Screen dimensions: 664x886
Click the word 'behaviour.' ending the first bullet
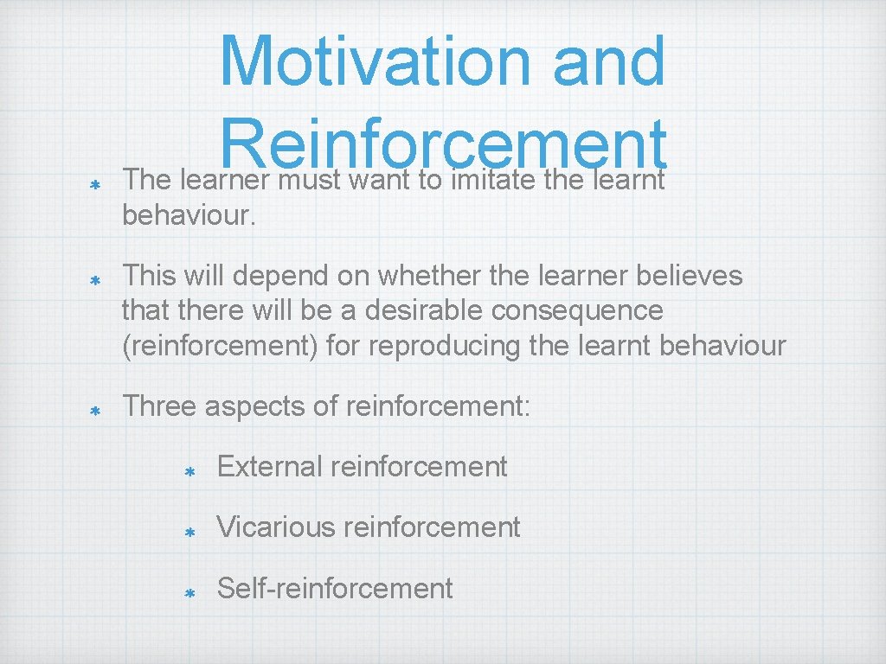189,215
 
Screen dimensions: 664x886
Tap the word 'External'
269,467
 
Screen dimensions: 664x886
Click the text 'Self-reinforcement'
335,589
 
